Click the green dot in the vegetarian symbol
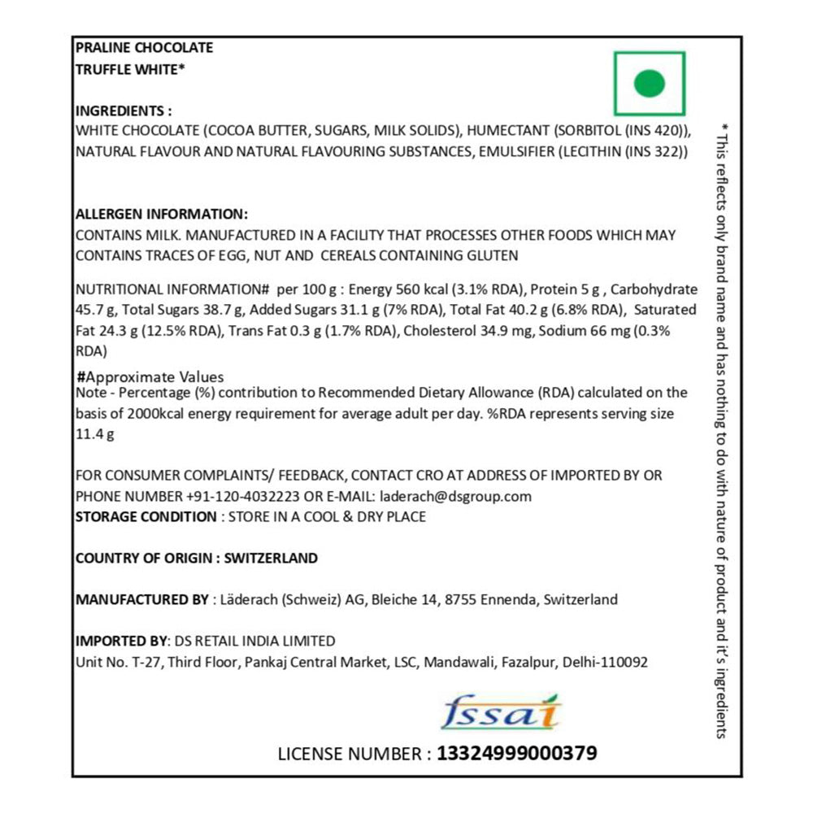point(650,83)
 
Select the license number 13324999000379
point(517,754)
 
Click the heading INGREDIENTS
point(123,111)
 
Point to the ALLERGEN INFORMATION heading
point(161,215)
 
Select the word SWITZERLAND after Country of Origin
point(271,559)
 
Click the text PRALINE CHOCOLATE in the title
point(144,48)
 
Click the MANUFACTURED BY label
point(141,600)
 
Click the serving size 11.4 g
point(94,433)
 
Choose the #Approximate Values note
point(150,377)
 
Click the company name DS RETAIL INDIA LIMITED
point(250,641)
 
